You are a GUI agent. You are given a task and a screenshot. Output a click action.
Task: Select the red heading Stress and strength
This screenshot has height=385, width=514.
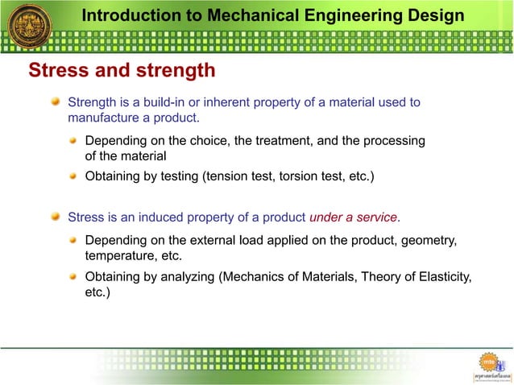click(x=122, y=71)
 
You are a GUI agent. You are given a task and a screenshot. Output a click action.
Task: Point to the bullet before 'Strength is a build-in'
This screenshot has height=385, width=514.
click(x=56, y=102)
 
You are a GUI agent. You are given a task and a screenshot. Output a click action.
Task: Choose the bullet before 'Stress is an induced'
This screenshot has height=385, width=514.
click(x=56, y=217)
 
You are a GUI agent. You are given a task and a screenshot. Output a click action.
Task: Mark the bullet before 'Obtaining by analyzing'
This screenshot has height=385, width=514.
click(x=73, y=278)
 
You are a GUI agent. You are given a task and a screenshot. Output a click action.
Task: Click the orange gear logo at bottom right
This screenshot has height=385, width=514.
click(x=490, y=362)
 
